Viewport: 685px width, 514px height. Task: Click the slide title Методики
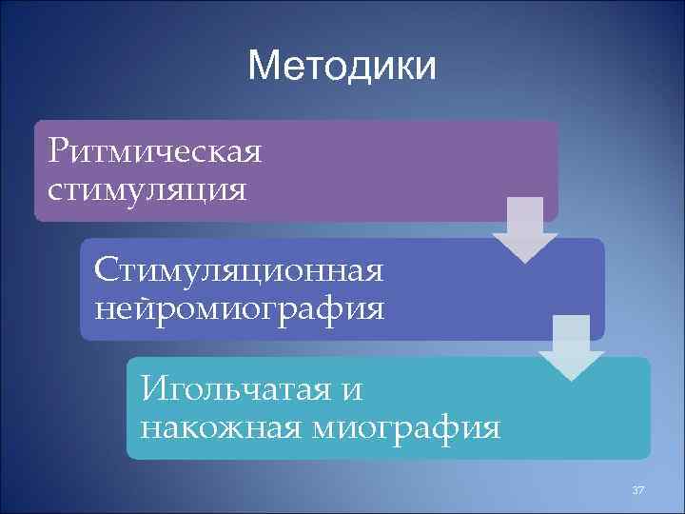342,67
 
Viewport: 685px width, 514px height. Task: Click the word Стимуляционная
239,268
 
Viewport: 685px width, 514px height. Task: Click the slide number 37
637,489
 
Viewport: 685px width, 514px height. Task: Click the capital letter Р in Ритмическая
59,149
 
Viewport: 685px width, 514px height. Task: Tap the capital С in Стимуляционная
105,268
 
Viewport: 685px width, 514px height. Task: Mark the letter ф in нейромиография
328,307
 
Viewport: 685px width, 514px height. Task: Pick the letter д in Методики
355,68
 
